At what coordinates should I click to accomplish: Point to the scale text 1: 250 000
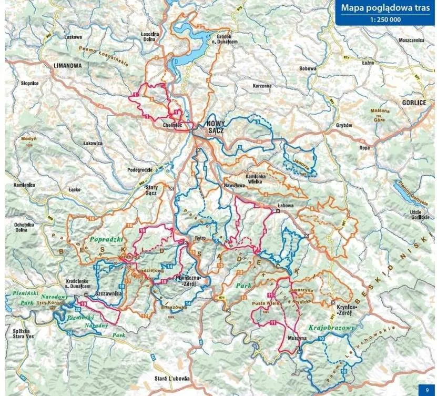(x=384, y=20)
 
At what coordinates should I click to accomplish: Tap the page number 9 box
(x=427, y=390)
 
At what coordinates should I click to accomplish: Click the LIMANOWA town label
(x=68, y=66)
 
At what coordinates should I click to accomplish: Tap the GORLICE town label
(x=413, y=103)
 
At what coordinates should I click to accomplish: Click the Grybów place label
(x=344, y=126)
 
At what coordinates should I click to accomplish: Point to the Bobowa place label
(x=307, y=68)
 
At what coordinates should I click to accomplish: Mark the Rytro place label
(x=199, y=238)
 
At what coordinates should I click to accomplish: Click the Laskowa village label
(x=73, y=37)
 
